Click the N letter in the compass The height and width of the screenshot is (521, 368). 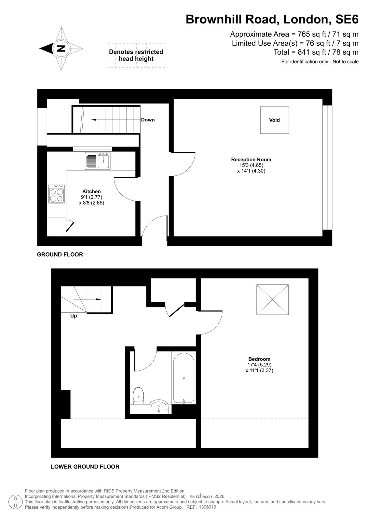(61, 49)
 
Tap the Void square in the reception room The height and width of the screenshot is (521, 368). (274, 120)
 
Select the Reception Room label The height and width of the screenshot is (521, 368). (251, 160)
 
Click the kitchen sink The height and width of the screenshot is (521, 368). (98, 161)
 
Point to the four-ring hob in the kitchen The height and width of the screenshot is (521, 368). (57, 194)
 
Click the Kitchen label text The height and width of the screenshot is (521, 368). (91, 191)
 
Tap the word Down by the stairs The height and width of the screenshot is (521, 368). (148, 120)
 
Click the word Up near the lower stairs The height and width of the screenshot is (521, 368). (74, 316)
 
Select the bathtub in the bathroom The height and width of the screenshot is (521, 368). (184, 378)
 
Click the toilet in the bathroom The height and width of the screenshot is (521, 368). (138, 396)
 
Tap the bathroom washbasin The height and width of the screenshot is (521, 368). (158, 407)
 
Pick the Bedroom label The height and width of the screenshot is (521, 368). (259, 359)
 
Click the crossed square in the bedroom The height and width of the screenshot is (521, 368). (272, 300)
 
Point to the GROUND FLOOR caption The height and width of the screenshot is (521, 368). (60, 254)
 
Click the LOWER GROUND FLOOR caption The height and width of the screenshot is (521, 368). (85, 467)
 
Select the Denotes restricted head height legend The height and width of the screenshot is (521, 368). (136, 55)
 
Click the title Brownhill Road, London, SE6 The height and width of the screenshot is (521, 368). (272, 19)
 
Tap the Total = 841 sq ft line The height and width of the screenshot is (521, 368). (316, 52)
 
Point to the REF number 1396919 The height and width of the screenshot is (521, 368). (208, 507)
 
